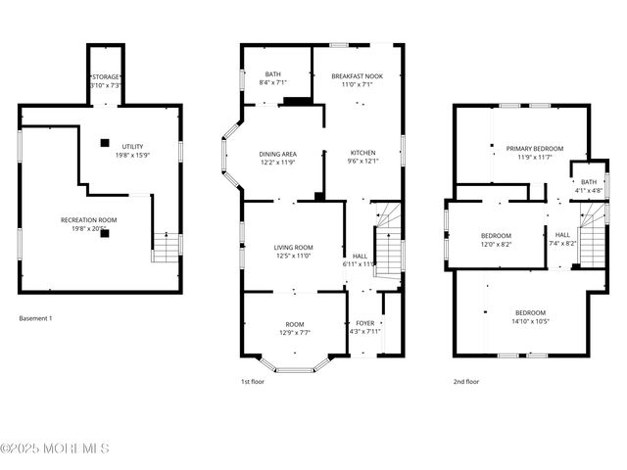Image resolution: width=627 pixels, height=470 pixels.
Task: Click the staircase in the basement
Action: pyautogui.click(x=167, y=247)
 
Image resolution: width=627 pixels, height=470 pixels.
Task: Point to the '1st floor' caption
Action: pyautogui.click(x=252, y=382)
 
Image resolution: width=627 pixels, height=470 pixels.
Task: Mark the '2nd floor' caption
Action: pyautogui.click(x=465, y=382)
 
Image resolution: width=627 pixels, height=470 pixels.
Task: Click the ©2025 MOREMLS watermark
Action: pyautogui.click(x=55, y=449)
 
